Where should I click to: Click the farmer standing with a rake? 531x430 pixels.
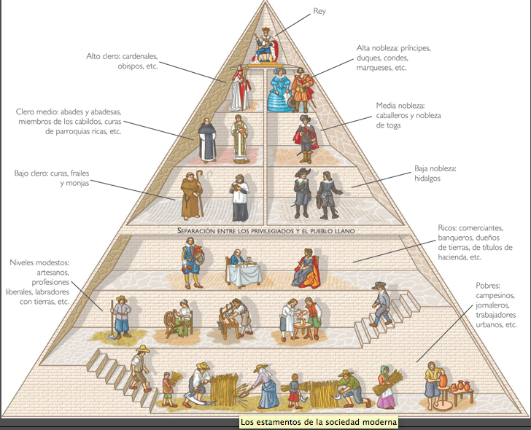pos(120,321)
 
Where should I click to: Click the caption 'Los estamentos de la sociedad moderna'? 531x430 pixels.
pos(319,422)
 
